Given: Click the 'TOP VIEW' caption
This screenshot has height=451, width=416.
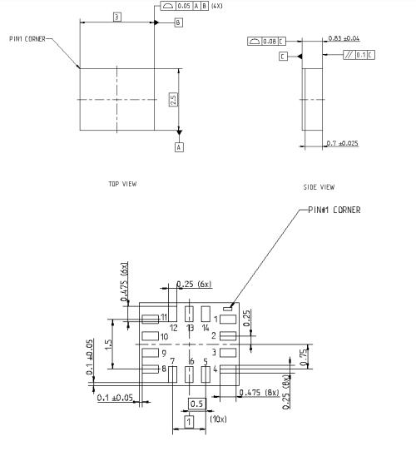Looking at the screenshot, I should point(122,184).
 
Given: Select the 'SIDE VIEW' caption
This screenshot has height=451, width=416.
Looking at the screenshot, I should point(319,187).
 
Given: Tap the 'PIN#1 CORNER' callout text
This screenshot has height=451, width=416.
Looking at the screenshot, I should point(334,211).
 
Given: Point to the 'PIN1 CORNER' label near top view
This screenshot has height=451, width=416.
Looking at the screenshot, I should point(27,38).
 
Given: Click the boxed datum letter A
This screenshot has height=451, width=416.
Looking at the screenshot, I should point(178,146).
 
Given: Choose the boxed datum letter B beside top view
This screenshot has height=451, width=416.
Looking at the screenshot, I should point(178,23).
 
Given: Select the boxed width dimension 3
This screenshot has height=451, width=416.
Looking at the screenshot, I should point(117,17).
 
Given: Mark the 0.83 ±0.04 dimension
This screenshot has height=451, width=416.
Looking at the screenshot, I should point(346,38).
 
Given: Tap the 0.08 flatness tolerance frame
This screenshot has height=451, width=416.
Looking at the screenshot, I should point(266,41).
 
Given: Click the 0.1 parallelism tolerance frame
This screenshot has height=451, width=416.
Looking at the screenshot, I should point(359,55).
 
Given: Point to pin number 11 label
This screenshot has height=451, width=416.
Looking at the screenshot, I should point(165,317).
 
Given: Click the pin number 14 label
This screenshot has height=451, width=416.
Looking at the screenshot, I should point(205,328).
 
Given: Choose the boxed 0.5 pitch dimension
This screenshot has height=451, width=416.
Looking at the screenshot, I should point(196,404).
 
